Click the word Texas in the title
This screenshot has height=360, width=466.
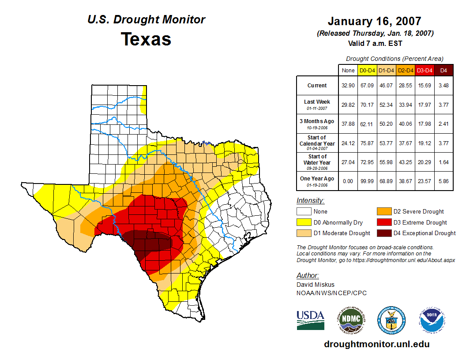pyautogui.click(x=146, y=39)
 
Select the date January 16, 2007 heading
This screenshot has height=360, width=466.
pyautogui.click(x=374, y=21)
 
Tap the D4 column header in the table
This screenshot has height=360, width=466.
pyautogui.click(x=444, y=70)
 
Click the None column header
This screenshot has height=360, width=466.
pyautogui.click(x=348, y=70)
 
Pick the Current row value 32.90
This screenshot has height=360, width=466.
pyautogui.click(x=348, y=86)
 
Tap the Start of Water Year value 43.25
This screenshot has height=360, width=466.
pyautogui.click(x=406, y=162)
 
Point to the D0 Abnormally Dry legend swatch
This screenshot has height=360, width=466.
pyautogui.click(x=304, y=222)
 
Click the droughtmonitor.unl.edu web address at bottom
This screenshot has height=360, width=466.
pyautogui.click(x=376, y=344)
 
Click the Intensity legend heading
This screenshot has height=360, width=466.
pyautogui.click(x=310, y=201)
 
